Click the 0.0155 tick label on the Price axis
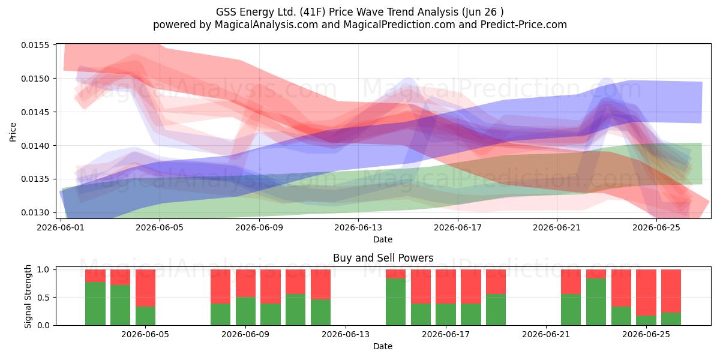tap(35, 45)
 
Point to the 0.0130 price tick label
tap(35, 213)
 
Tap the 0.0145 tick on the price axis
tap(35, 112)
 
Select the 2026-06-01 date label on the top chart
tap(61, 227)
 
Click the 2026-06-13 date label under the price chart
tap(358, 227)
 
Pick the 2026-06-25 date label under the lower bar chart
tap(646, 335)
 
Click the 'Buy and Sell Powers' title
tap(383, 258)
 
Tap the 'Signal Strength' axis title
tap(28, 296)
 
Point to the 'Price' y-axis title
tap(13, 132)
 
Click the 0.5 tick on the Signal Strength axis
tap(43, 298)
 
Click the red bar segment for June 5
tap(146, 288)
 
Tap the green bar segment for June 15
tap(395, 302)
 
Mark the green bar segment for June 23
tap(596, 302)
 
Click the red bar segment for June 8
tap(221, 287)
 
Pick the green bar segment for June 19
tap(496, 310)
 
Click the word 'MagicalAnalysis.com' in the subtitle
tap(266, 25)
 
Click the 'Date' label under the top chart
tap(383, 240)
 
